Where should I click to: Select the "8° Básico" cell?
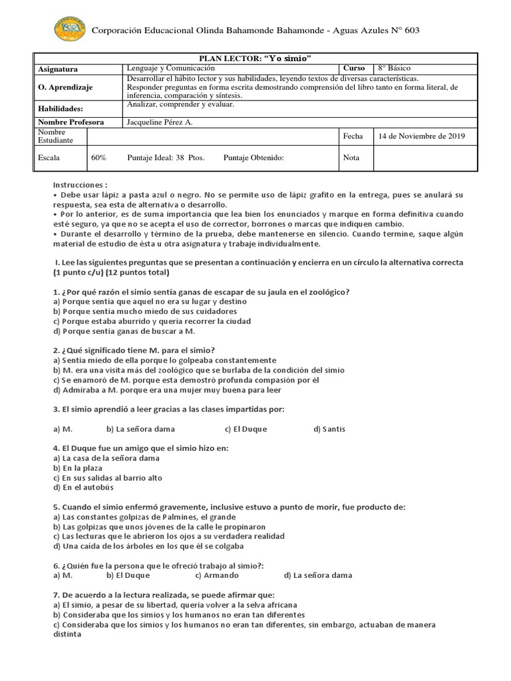click(x=395, y=68)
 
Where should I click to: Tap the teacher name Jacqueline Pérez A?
click(x=160, y=122)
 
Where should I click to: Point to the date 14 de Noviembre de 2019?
click(x=421, y=136)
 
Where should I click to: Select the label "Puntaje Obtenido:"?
click(x=254, y=158)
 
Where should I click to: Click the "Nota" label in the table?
click(x=351, y=158)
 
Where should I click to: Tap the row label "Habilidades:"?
click(x=60, y=108)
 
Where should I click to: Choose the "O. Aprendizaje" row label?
click(x=65, y=87)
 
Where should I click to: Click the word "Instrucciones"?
click(x=79, y=184)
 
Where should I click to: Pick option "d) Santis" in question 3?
click(x=329, y=429)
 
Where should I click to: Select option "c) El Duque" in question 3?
click(x=246, y=429)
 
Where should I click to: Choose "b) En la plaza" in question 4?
click(x=78, y=468)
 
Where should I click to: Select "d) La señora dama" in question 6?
click(x=317, y=575)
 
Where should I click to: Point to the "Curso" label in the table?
click(x=355, y=68)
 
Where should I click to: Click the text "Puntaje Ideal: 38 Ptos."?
click(x=166, y=158)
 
